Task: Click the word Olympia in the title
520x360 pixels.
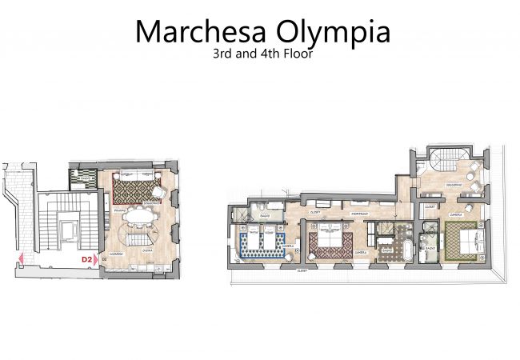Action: [x=331, y=32]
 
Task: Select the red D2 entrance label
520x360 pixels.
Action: [x=86, y=259]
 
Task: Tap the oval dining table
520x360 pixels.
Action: [x=140, y=216]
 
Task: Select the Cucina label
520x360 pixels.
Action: [x=147, y=251]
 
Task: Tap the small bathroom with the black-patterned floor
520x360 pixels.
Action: [x=80, y=177]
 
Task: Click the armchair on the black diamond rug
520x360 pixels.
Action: [x=158, y=192]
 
